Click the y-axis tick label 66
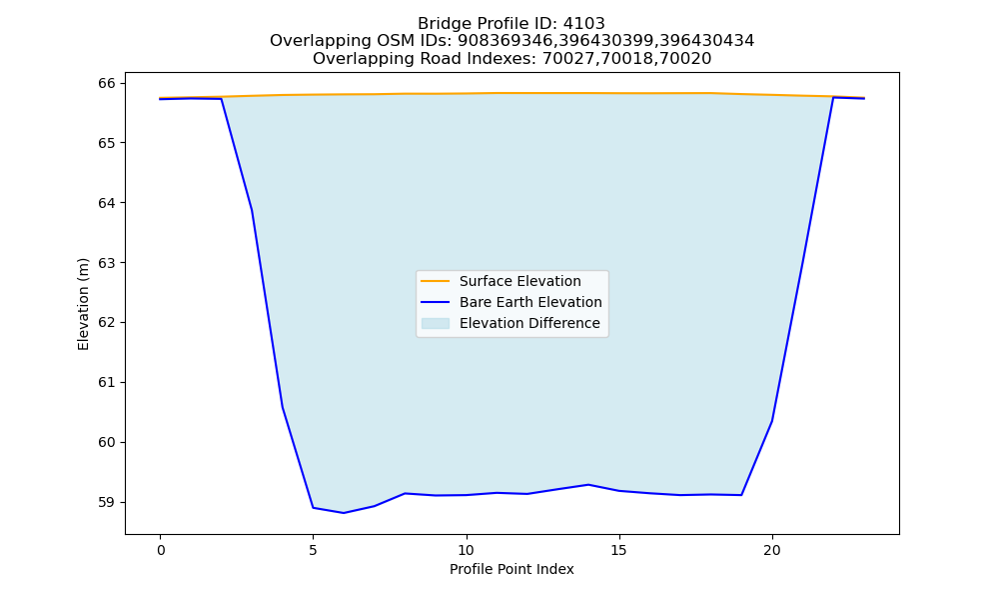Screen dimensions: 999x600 click(107, 84)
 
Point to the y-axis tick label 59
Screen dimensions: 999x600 click(107, 502)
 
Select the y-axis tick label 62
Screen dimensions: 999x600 click(107, 323)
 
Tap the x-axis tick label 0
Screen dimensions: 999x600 click(161, 550)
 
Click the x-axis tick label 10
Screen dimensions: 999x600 click(467, 550)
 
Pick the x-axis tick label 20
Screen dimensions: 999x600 click(772, 550)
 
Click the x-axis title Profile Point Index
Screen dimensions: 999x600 click(511, 569)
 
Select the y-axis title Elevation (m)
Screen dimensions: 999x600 click(83, 304)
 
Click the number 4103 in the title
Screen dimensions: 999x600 click(583, 24)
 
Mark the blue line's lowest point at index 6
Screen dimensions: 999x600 click(344, 513)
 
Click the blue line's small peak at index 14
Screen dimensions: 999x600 click(588, 485)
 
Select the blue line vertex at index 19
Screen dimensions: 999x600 click(741, 495)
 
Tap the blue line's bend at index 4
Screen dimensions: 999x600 click(283, 407)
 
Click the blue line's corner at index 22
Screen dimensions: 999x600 click(833, 98)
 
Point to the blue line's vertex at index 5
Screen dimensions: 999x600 click(313, 508)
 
